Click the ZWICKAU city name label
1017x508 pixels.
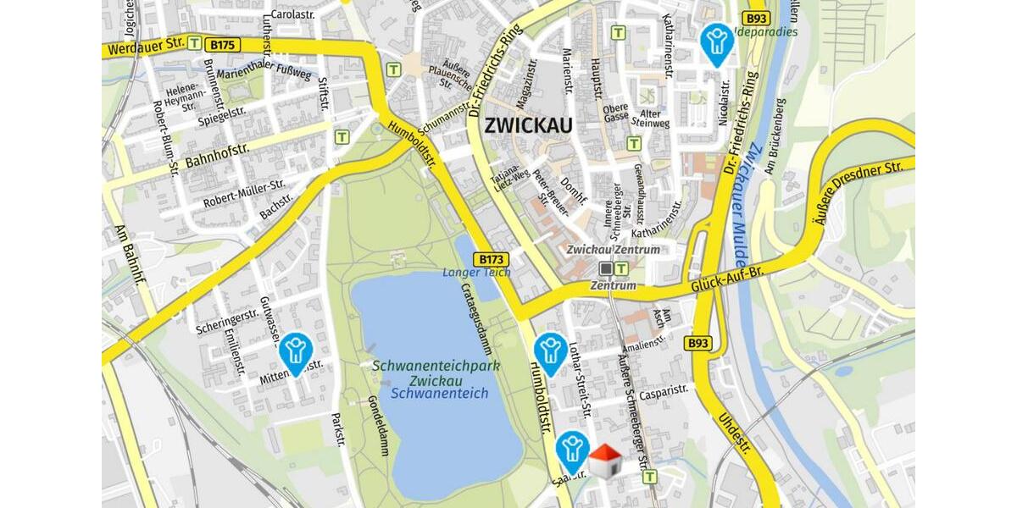tap(528, 126)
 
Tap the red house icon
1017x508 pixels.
tap(604, 461)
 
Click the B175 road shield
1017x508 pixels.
tap(225, 44)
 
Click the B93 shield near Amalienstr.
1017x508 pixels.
tap(697, 343)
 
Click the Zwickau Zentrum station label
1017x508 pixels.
tap(614, 250)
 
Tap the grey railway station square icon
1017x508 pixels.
tap(606, 268)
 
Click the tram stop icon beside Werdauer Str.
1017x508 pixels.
tap(195, 41)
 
